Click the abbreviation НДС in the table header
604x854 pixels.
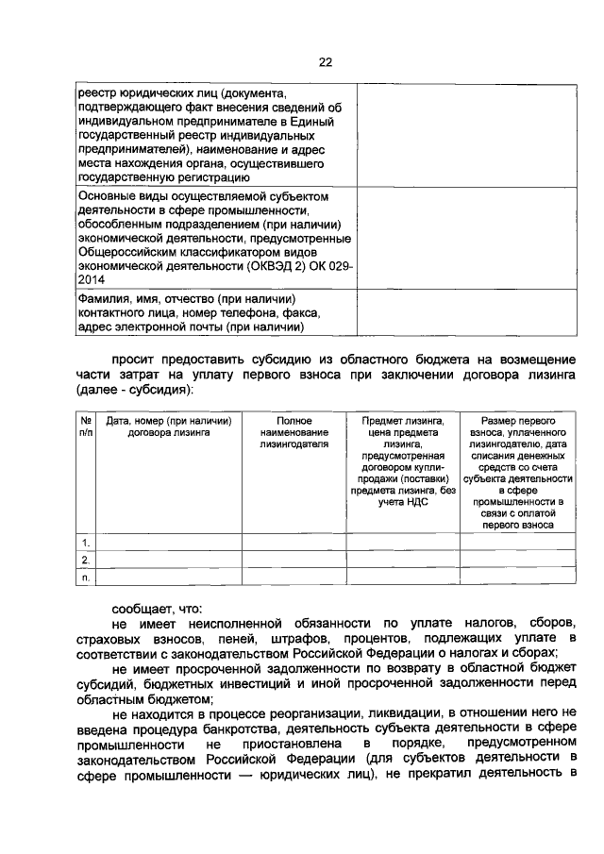(x=417, y=503)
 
